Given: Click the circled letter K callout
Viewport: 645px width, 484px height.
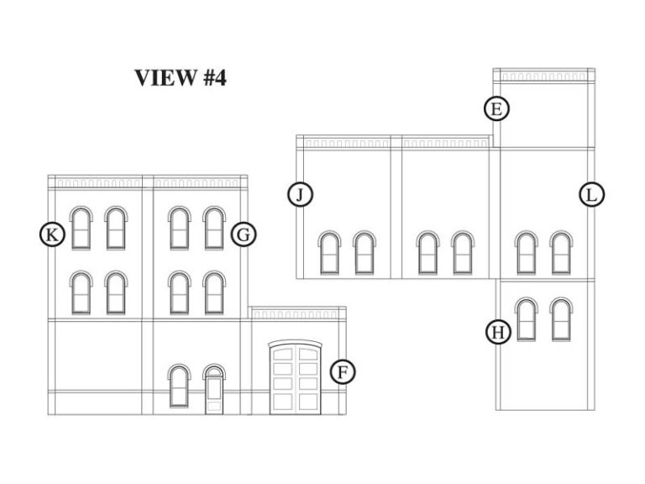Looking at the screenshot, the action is tap(52, 234).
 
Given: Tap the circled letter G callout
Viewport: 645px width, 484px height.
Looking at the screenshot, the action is tap(244, 234).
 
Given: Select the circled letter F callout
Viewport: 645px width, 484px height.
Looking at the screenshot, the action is tap(343, 372).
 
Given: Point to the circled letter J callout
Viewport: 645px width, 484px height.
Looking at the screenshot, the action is tap(301, 194).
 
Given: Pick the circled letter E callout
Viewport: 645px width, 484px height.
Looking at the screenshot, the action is tap(496, 109).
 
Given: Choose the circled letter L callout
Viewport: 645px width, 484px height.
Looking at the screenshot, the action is tap(591, 194).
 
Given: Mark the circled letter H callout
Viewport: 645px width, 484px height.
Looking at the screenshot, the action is tap(498, 332).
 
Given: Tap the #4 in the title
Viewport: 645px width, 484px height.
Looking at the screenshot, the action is tap(215, 77).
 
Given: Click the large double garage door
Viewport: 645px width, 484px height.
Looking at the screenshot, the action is tap(296, 377).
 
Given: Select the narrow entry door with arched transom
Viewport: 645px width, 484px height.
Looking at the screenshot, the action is tap(214, 389).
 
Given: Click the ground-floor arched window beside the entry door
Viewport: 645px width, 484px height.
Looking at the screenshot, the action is tap(179, 386).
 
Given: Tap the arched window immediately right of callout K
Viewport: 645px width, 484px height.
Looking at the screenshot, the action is tap(81, 228).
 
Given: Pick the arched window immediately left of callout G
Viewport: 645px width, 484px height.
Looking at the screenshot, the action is tap(214, 228).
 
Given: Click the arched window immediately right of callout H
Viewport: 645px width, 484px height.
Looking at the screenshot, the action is tap(527, 319).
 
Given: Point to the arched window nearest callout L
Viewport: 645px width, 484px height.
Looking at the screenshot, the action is tap(561, 253).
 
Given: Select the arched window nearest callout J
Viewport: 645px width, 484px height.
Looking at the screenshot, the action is tap(329, 253).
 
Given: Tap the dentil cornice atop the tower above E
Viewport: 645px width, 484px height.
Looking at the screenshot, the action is tap(544, 76).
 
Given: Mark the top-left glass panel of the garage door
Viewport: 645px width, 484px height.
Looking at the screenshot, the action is tap(282, 355).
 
